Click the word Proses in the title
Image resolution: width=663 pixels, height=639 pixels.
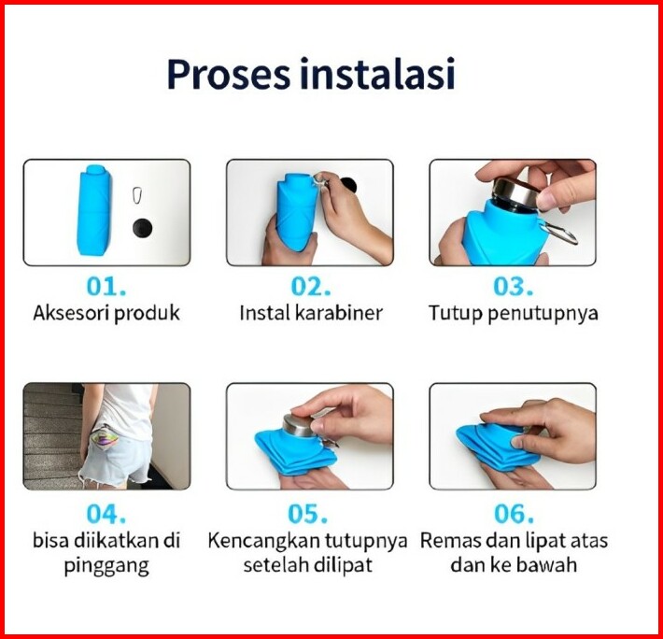click(229, 75)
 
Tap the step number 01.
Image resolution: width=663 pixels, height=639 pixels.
click(106, 286)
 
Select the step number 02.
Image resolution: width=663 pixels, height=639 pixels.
click(310, 286)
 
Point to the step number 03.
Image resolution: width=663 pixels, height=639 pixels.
click(513, 286)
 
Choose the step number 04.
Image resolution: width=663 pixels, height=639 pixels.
click(106, 514)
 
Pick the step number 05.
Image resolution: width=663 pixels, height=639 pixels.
click(308, 514)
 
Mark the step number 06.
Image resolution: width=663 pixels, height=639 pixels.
click(514, 514)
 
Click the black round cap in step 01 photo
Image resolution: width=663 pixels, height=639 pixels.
click(143, 228)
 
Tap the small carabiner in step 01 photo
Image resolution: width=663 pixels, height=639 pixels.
click(137, 195)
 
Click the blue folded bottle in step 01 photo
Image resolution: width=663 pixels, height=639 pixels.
click(94, 210)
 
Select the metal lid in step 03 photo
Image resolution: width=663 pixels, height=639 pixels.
click(516, 193)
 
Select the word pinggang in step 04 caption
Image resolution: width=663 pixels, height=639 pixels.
click(106, 566)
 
